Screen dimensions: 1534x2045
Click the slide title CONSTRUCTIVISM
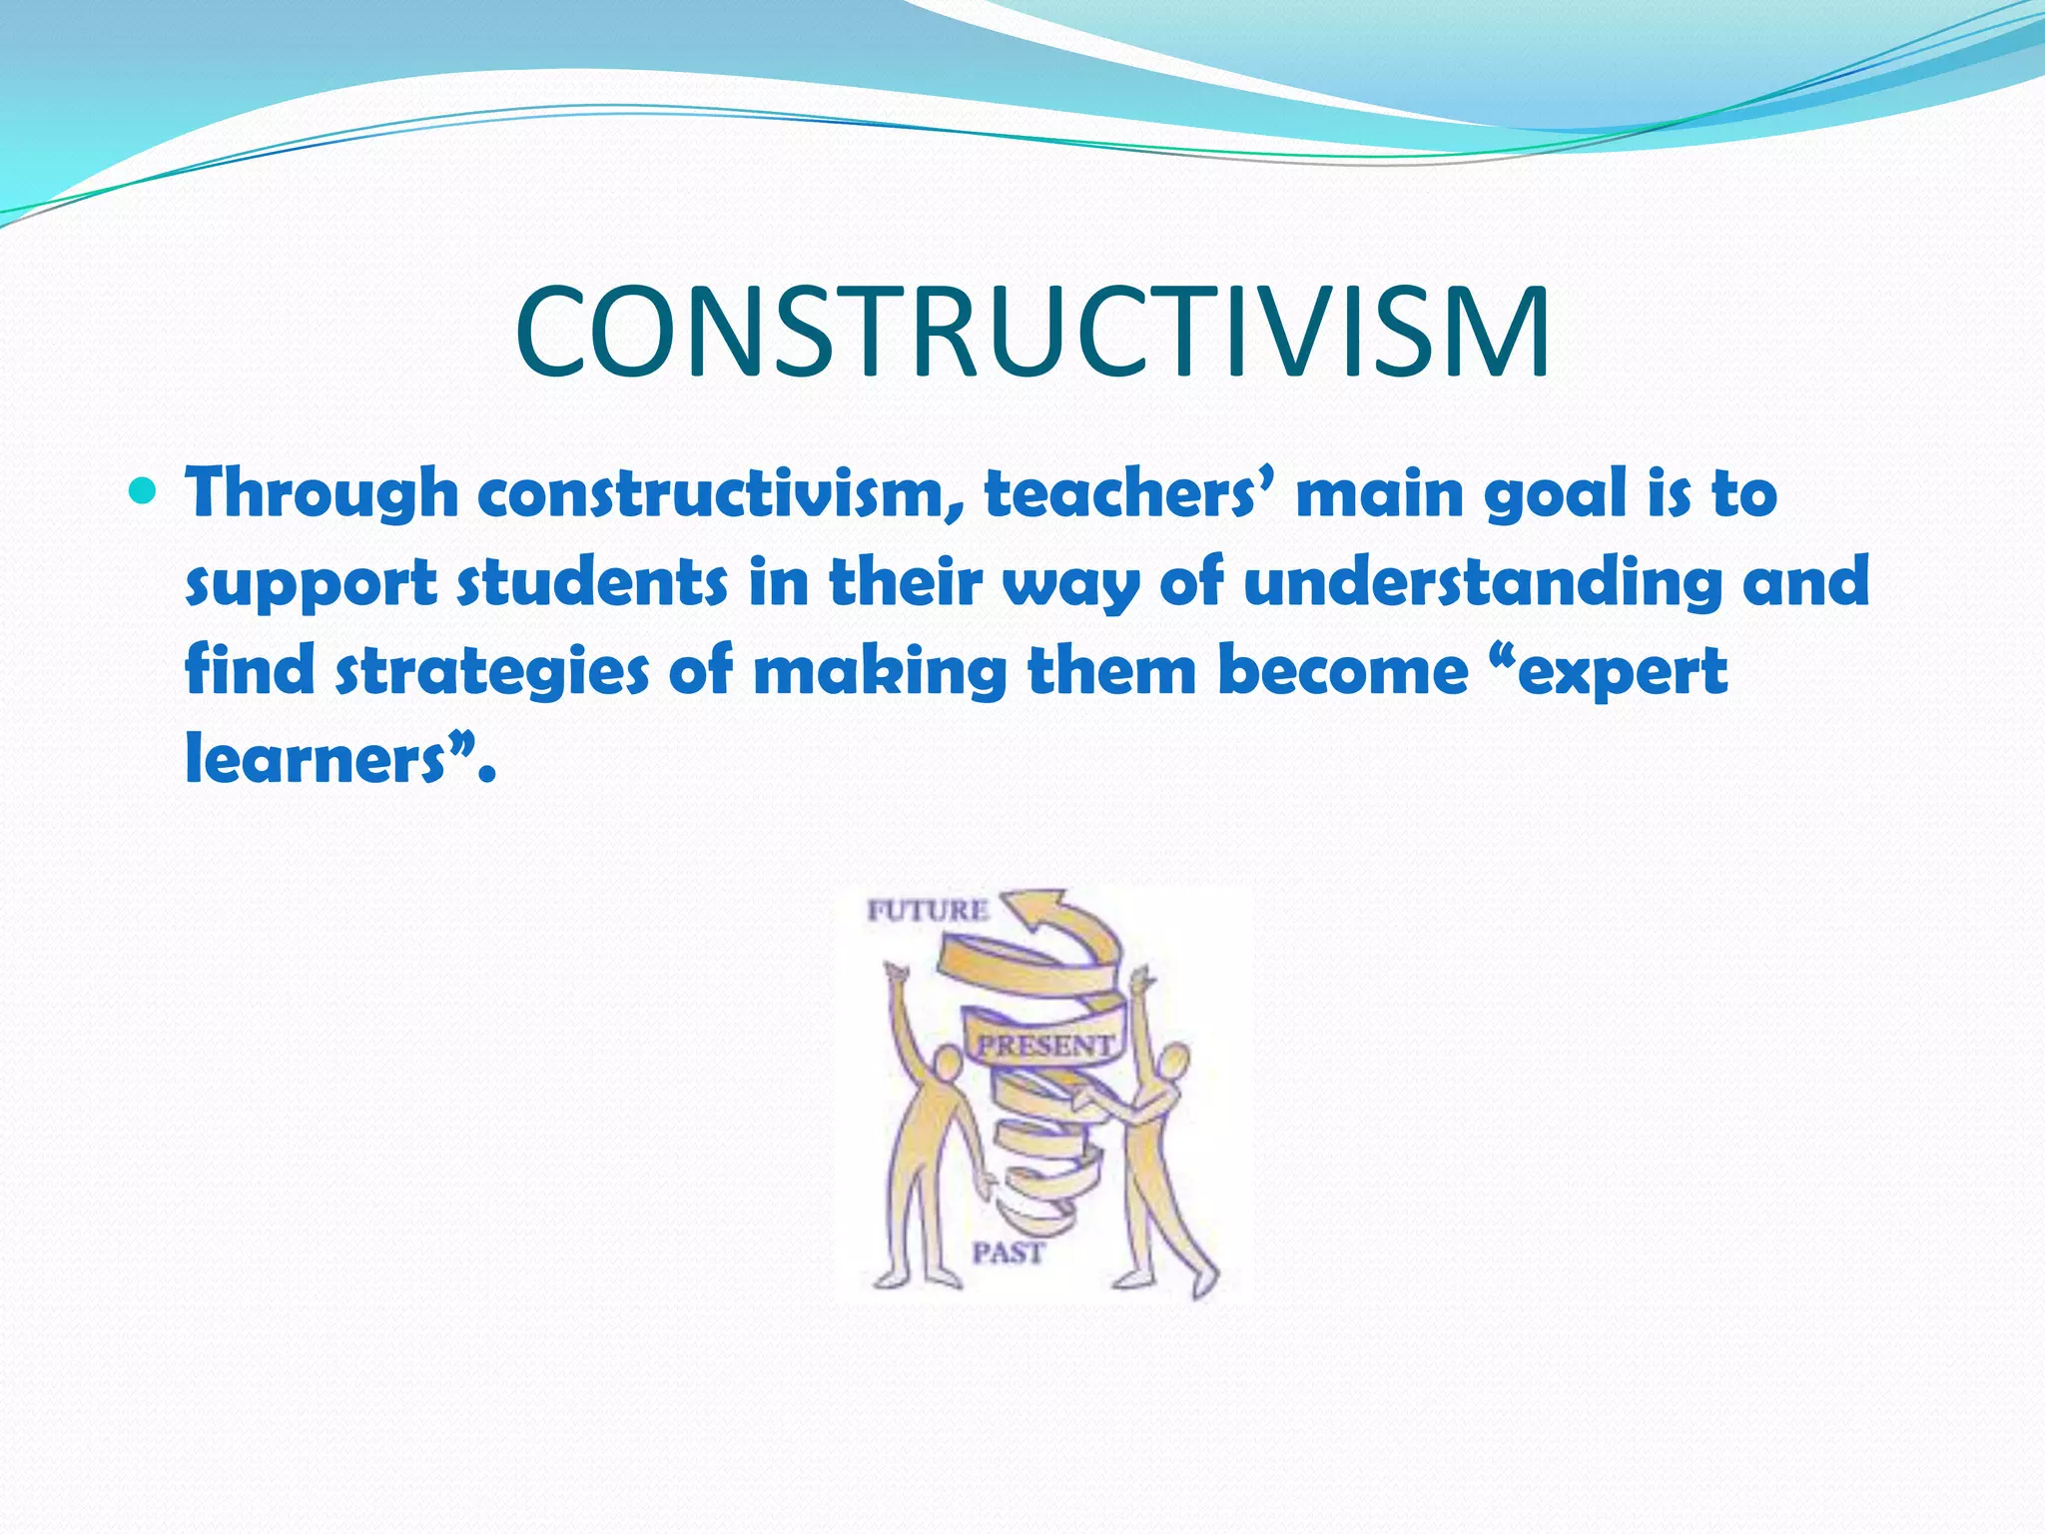point(1032,333)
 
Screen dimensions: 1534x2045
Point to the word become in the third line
point(1343,670)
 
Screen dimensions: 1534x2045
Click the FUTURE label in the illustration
point(928,911)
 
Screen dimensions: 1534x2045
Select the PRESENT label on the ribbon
point(1044,1046)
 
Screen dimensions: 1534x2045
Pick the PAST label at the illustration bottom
point(1009,1252)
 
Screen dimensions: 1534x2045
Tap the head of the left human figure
point(943,1065)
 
